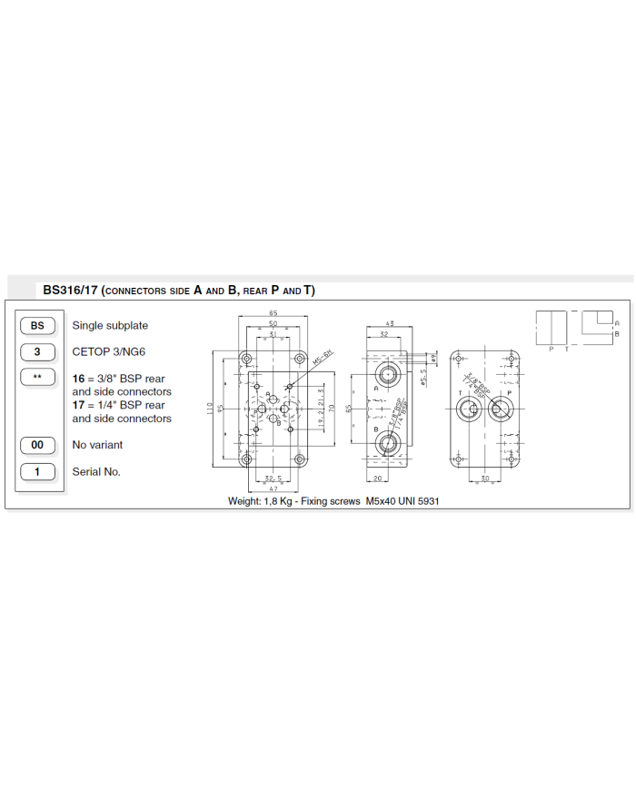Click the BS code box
pos(37,325)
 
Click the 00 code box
pos(37,445)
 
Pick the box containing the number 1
pos(37,471)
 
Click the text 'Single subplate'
pos(110,325)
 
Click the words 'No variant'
pos(97,445)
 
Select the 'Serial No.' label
pos(96,471)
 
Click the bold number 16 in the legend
pos(79,378)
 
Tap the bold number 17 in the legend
pos(79,405)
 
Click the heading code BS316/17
pos(70,291)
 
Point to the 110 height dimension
pos(210,408)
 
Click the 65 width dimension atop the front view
pos(273,313)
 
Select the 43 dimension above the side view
pos(390,324)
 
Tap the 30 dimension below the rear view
pos(484,478)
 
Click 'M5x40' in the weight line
pos(382,500)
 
